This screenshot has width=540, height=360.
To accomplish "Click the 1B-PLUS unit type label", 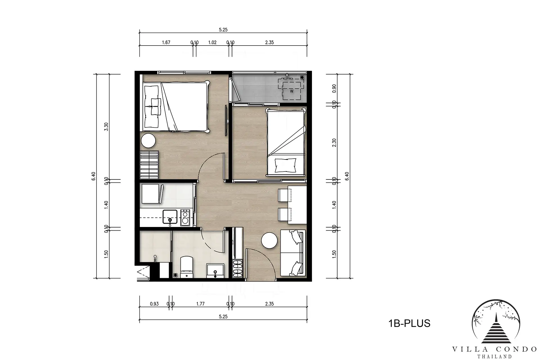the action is click(x=409, y=323).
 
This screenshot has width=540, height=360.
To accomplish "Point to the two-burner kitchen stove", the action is click(x=185, y=217).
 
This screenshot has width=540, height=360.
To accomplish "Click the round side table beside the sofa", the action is click(x=269, y=240).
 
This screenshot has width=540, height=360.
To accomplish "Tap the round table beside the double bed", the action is click(x=148, y=141).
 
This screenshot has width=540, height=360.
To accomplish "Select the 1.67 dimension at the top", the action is click(x=166, y=42).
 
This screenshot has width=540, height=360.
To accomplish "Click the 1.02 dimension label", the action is click(x=212, y=42).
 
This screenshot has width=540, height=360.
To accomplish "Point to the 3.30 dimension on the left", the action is click(x=106, y=127).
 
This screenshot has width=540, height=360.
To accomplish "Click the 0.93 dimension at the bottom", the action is click(x=154, y=304).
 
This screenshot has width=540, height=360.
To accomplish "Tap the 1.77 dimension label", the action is click(x=200, y=304).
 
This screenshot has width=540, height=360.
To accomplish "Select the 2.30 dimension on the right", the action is click(x=334, y=143).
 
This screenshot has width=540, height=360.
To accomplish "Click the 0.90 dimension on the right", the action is click(x=334, y=89).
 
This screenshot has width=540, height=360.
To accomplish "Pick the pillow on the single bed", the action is click(x=285, y=165).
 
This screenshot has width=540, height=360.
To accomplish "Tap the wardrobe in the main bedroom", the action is click(x=150, y=165).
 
